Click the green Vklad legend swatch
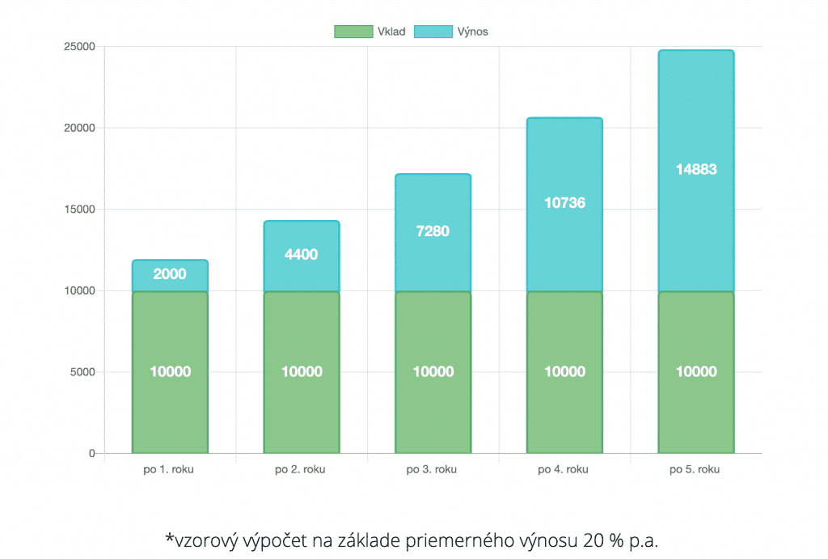pos(353,32)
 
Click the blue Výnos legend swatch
pos(433,32)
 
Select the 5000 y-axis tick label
pos(82,372)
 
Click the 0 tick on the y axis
pos(92,454)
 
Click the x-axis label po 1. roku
pos(169,470)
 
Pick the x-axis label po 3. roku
pos(433,470)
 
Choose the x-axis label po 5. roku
pos(695,470)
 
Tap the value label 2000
pos(170,274)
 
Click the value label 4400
pos(301,254)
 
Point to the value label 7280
pos(433,231)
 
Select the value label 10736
pos(564,203)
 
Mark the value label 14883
pos(696,170)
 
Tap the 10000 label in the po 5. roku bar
pos(696,372)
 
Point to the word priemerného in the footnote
pos(453,540)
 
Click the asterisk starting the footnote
pos(170,537)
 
